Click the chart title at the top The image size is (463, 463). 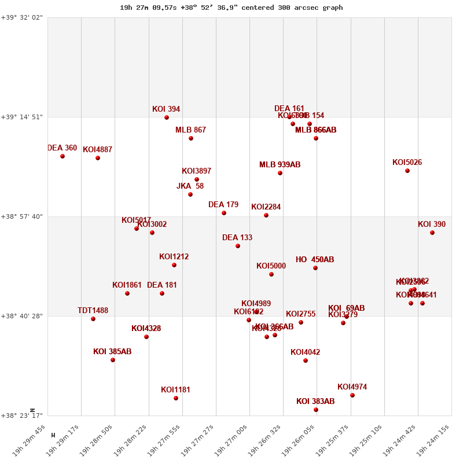tap(231, 8)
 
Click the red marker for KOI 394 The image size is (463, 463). tap(167, 117)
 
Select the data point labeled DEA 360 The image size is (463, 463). tap(63, 156)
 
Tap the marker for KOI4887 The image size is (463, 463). tap(98, 158)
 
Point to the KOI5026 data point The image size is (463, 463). tap(407, 171)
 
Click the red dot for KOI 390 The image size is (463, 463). tap(432, 233)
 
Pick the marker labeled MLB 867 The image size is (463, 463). tap(191, 138)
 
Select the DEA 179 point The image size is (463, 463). tap(224, 213)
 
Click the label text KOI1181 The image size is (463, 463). tap(175, 390)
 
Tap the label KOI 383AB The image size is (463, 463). tap(315, 402)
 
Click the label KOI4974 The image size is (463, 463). tap(352, 387)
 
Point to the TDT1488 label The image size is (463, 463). tap(93, 311)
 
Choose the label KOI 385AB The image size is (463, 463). tap(112, 352)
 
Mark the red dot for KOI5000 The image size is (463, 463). tap(271, 274)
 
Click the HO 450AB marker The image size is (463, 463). tap(315, 268)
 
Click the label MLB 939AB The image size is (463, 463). tap(280, 165)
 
